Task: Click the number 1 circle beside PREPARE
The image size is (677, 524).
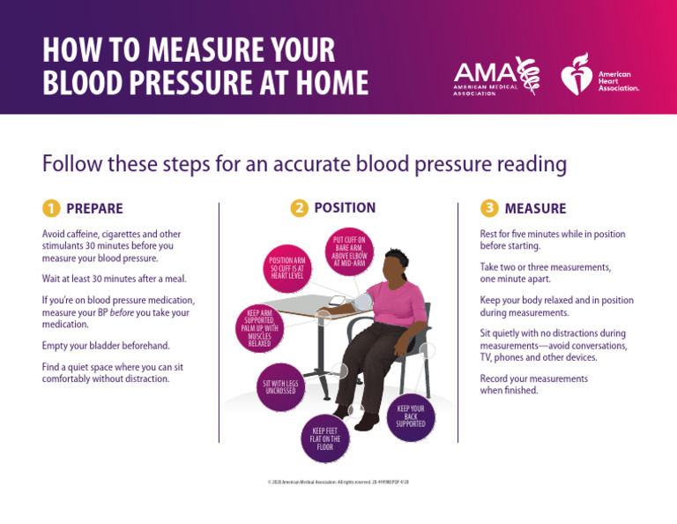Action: click(50, 209)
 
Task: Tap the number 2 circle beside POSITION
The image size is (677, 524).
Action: click(300, 208)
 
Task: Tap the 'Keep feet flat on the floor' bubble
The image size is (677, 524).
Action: click(324, 439)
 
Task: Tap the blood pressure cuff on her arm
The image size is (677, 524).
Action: click(361, 302)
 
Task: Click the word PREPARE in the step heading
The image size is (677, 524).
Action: click(94, 209)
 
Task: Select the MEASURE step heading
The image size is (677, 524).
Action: click(535, 209)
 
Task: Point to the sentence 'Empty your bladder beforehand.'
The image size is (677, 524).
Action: click(106, 345)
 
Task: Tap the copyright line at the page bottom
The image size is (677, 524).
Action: click(338, 483)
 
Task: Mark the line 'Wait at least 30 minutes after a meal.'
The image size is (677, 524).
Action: click(115, 279)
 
